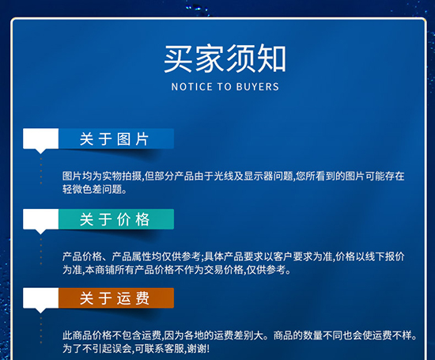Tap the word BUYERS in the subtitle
point(258,87)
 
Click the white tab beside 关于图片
point(41,140)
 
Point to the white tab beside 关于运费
point(41,299)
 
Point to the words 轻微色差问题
point(89,189)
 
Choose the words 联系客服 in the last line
point(165,349)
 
